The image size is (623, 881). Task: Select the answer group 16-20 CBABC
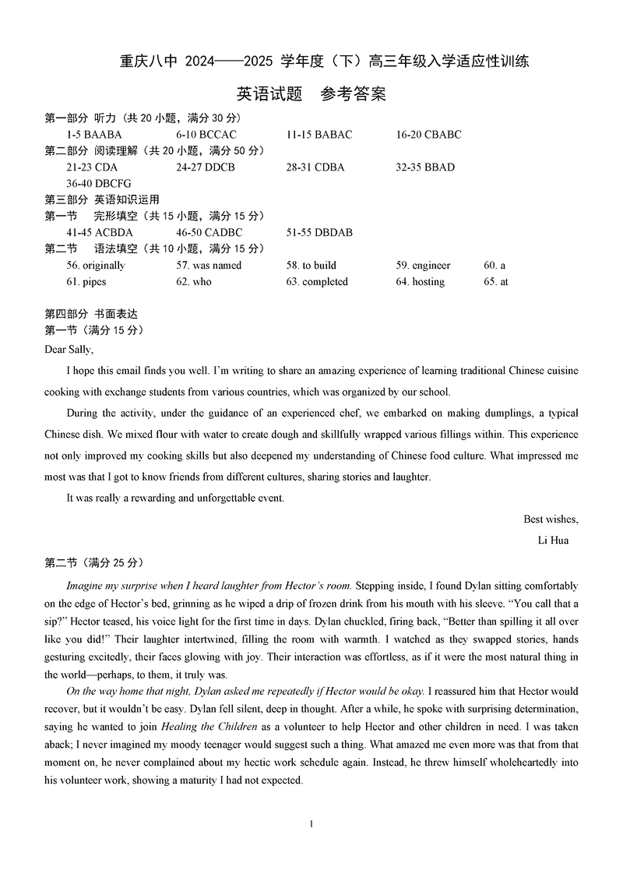[428, 135]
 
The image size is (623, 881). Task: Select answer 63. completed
[317, 282]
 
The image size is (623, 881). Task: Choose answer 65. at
[495, 282]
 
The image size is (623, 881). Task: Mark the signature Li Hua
[553, 540]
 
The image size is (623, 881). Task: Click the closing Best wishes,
[551, 520]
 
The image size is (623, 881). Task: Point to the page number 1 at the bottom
[311, 824]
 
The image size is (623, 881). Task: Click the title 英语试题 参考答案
[311, 94]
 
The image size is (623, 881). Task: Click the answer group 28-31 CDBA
[315, 167]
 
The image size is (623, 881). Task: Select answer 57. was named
[209, 266]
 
